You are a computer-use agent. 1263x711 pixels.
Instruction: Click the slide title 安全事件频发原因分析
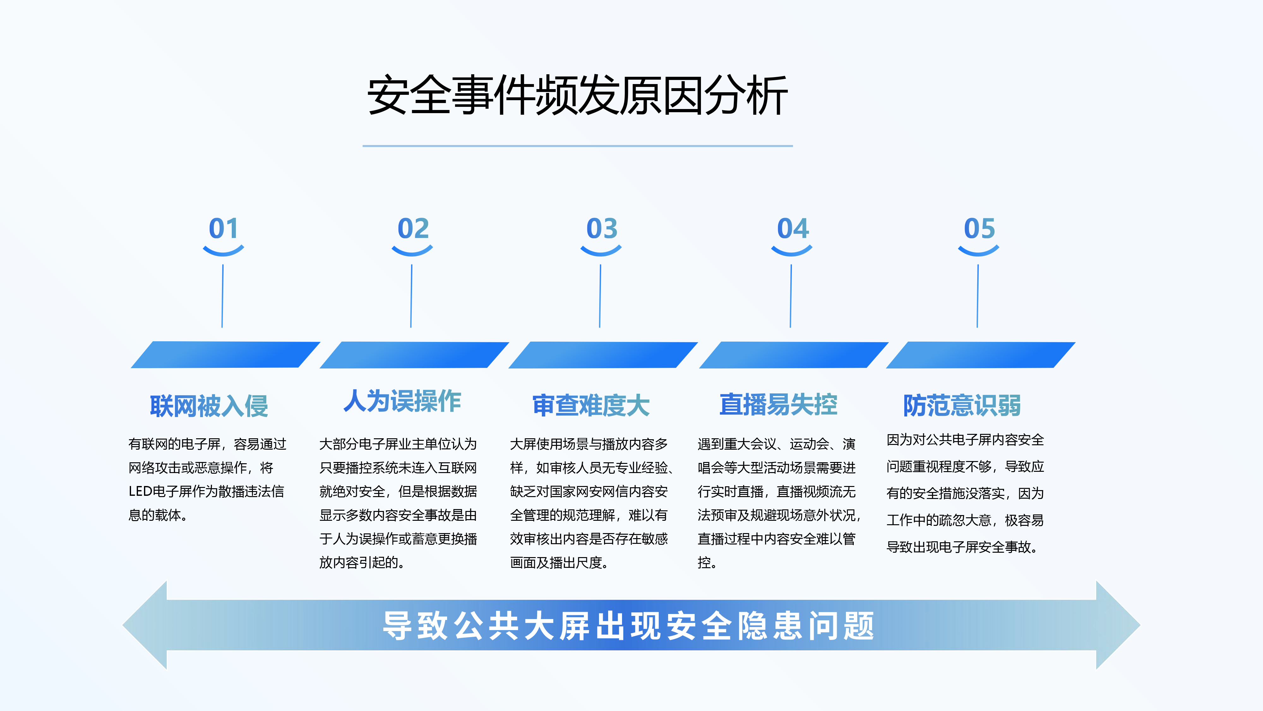[578, 96]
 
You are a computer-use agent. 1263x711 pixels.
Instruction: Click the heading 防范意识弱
[962, 405]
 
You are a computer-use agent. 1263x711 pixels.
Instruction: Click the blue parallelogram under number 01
[225, 354]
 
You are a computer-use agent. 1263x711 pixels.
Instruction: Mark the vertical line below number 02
[411, 296]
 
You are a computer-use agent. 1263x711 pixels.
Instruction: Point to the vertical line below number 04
[791, 296]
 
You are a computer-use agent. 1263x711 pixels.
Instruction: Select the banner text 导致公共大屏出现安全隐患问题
[629, 626]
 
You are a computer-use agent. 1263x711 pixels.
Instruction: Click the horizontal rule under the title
[578, 146]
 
